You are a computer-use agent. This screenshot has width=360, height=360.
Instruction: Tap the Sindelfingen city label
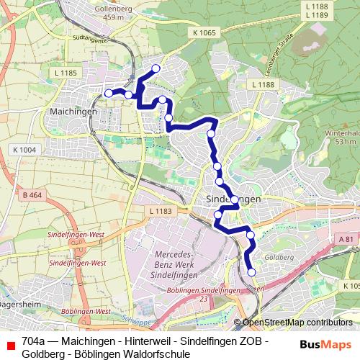tap(228, 198)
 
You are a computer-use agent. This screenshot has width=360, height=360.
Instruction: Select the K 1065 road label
tap(204, 33)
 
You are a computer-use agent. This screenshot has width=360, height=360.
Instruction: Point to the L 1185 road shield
tap(66, 73)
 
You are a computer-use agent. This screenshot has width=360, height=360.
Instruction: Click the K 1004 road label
tap(24, 149)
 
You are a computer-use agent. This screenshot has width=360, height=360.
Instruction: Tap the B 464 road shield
tap(32, 195)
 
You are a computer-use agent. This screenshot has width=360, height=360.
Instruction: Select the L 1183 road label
tap(161, 211)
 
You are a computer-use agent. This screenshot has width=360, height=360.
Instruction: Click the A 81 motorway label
tap(347, 238)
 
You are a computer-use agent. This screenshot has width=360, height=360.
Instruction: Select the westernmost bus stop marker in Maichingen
tap(108, 93)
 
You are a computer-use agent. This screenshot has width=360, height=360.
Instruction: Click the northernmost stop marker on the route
tap(155, 68)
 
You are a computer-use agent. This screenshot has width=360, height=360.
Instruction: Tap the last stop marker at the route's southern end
tap(251, 271)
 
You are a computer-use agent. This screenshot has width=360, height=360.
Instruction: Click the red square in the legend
tap(10, 346)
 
